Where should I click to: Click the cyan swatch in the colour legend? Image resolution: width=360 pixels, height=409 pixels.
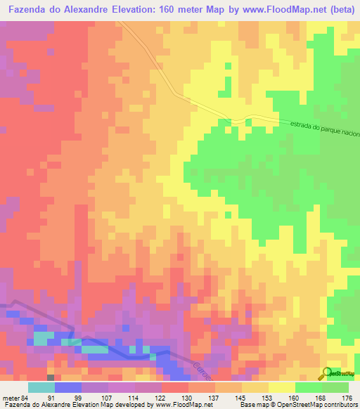click(41, 387)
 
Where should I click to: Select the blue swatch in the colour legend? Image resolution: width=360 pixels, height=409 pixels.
click(68, 387)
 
